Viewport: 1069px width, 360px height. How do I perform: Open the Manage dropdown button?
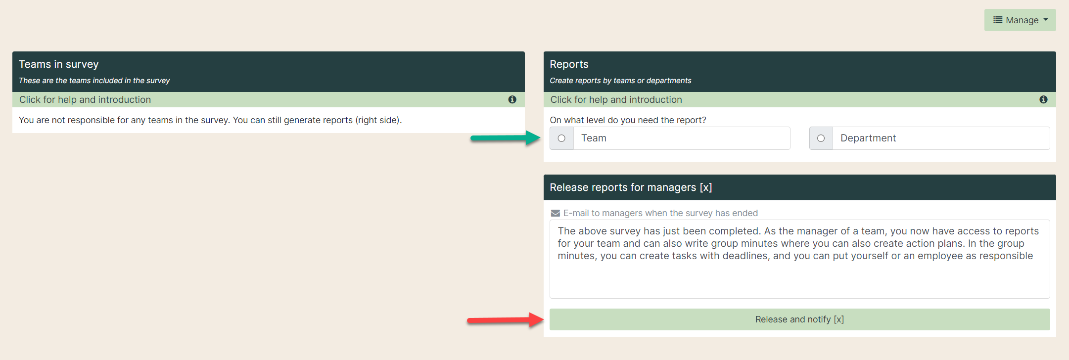click(x=1020, y=20)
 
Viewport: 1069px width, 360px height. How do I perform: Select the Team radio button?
click(x=561, y=138)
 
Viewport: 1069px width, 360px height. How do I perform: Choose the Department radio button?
click(x=821, y=138)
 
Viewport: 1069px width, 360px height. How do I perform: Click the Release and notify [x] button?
click(x=799, y=319)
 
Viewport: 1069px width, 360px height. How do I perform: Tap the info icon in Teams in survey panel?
click(x=512, y=99)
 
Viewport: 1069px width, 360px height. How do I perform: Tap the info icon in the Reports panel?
click(x=1044, y=99)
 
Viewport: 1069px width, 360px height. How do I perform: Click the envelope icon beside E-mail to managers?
click(x=556, y=213)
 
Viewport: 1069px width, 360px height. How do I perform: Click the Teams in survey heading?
click(x=59, y=64)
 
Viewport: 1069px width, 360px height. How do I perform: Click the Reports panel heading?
click(x=569, y=64)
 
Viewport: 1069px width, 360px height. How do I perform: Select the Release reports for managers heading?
click(x=631, y=187)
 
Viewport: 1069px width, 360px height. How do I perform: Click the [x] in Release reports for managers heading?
click(x=706, y=187)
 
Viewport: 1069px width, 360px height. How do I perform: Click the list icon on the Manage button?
click(x=998, y=20)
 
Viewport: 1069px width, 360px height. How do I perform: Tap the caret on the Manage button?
click(x=1046, y=20)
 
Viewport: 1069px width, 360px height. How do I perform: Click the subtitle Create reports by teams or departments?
click(x=620, y=81)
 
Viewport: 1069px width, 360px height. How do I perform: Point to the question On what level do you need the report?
click(x=628, y=120)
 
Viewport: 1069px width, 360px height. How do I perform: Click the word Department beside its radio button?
click(x=868, y=138)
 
